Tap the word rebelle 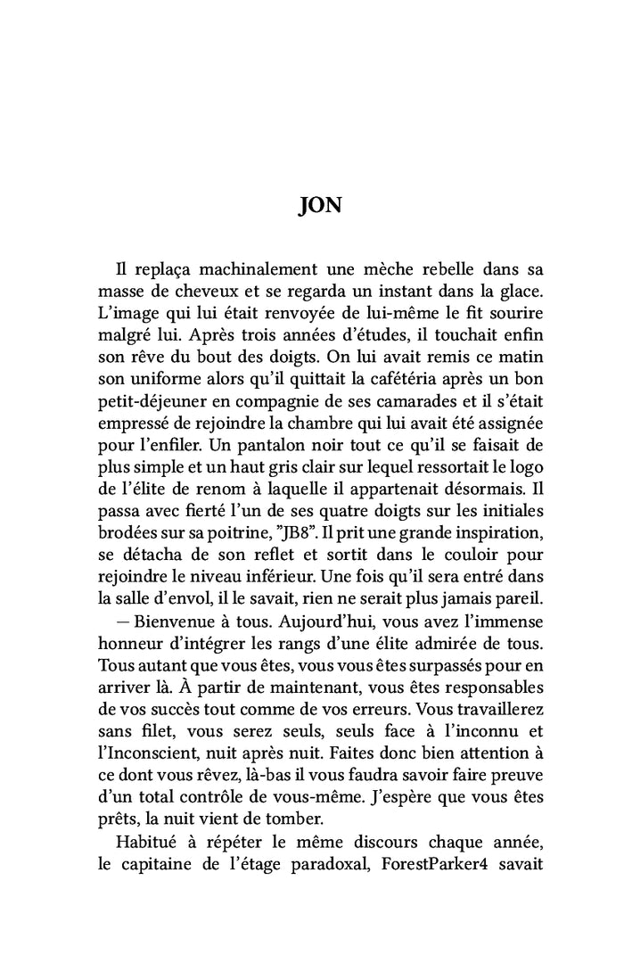pyautogui.click(x=416, y=267)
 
